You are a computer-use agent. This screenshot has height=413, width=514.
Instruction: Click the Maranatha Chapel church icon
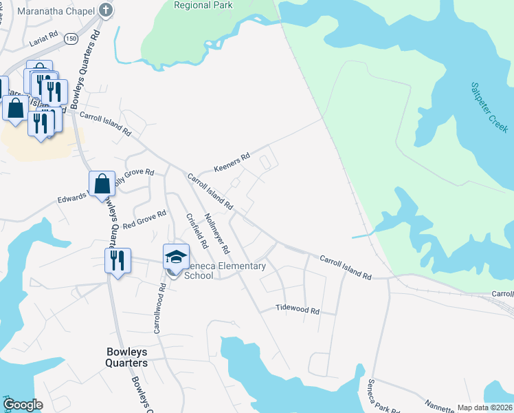click(x=105, y=10)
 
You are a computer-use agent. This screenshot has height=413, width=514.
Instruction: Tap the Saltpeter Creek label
click(x=488, y=109)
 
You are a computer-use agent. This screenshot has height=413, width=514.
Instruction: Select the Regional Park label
click(x=203, y=6)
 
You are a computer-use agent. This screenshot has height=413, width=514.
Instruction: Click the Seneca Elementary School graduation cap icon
click(x=177, y=256)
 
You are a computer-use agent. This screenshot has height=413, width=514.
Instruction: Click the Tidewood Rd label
click(x=298, y=310)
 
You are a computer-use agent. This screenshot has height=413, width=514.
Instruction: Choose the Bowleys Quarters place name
click(x=127, y=357)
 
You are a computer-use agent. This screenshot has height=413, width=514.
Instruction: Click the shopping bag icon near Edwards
click(x=102, y=184)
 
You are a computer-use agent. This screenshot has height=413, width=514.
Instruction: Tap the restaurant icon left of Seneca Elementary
click(x=116, y=260)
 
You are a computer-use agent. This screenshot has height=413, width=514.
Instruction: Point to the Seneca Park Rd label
click(x=377, y=394)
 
